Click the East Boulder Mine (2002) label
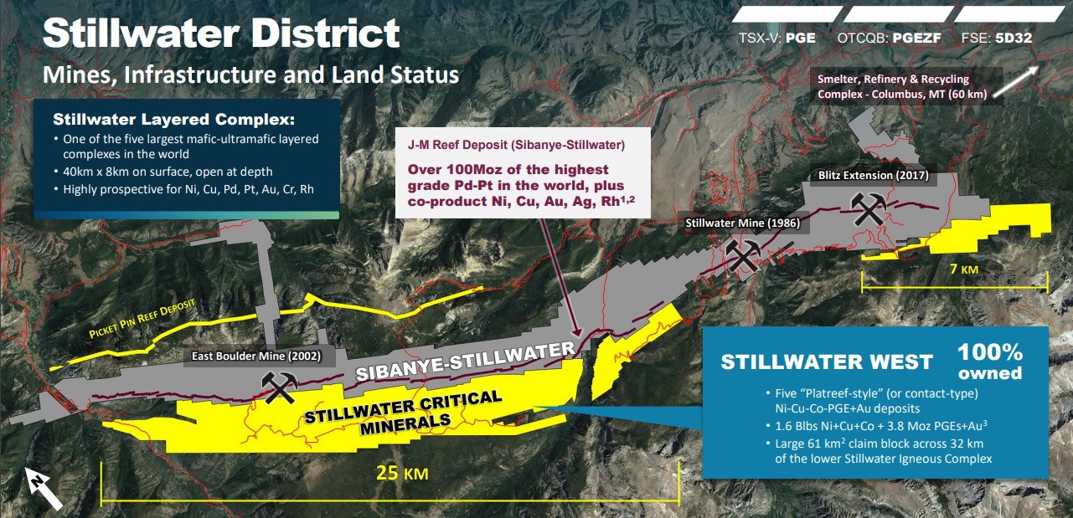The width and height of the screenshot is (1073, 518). (x=256, y=356)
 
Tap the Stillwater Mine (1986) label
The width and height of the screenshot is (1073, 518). (x=742, y=223)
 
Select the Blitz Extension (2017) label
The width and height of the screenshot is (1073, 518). (x=874, y=175)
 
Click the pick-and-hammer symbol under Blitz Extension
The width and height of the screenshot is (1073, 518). (x=869, y=208)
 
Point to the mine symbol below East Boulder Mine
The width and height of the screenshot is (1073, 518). (x=279, y=387)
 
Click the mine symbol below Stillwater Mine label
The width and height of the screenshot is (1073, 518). (x=743, y=255)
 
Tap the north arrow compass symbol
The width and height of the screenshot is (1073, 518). (x=44, y=489)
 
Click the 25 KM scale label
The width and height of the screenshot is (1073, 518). (x=402, y=473)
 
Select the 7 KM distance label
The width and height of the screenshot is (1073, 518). (x=964, y=269)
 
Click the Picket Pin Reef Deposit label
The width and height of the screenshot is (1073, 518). (x=142, y=318)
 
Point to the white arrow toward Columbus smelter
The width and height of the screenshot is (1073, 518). (x=1015, y=81)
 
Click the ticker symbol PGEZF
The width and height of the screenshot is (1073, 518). (x=917, y=38)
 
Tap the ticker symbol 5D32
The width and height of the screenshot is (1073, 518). (x=1014, y=38)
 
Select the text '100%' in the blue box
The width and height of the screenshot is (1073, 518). (x=990, y=352)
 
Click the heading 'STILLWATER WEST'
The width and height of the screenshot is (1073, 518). (x=827, y=362)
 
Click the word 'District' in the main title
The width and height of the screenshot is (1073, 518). (x=325, y=33)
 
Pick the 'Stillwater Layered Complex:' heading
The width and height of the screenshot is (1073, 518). (x=174, y=119)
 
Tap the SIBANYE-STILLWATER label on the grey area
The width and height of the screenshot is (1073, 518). (x=465, y=361)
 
